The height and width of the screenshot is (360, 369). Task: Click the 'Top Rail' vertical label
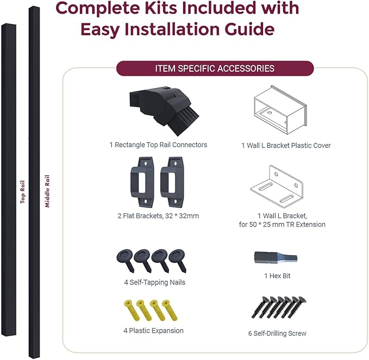23,192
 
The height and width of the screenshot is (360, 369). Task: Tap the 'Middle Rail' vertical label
47,191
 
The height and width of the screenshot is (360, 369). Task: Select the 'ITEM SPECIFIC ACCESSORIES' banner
215,68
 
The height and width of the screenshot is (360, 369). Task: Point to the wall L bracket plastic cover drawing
280,110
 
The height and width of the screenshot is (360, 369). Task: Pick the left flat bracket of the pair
142,182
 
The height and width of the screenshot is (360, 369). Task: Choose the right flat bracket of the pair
172,182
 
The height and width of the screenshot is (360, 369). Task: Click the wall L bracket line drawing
277,187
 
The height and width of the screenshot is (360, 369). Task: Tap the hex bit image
276,257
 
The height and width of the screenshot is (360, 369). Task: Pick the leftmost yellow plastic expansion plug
132,310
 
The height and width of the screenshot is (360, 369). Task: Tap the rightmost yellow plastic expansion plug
170,310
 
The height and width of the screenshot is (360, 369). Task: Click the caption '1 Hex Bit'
277,276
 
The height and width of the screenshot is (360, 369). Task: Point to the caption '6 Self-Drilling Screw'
277,333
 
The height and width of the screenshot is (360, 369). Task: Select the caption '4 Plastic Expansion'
153,331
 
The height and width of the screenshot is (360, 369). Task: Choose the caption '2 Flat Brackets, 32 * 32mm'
158,216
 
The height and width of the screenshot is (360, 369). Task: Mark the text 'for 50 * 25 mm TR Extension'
282,225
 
